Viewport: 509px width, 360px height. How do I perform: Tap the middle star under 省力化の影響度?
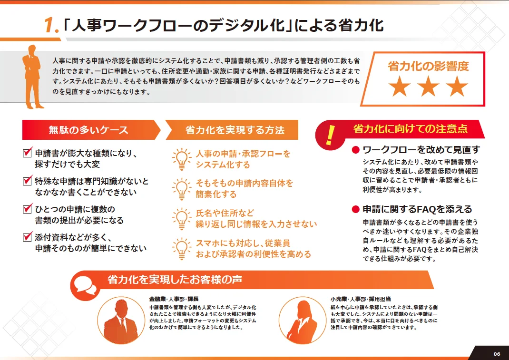tap(428, 87)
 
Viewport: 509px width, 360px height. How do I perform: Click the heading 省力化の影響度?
tap(428, 66)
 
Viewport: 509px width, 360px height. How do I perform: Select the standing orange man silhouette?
tap(32, 77)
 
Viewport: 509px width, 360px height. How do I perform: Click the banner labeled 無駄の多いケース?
tap(91, 130)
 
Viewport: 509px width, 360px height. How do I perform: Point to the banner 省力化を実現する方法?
tap(232, 130)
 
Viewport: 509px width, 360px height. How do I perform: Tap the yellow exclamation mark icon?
tap(330, 135)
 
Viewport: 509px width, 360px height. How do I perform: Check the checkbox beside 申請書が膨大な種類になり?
tap(28, 152)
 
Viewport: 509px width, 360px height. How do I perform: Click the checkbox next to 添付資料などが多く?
tap(28, 236)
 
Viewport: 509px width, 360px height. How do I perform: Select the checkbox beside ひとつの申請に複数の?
tap(28, 208)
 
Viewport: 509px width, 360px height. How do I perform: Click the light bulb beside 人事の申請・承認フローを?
tap(181, 159)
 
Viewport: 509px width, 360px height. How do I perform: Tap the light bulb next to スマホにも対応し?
tap(181, 249)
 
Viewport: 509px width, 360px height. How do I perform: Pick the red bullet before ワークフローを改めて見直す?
tap(356, 150)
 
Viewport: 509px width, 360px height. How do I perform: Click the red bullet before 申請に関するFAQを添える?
tap(356, 209)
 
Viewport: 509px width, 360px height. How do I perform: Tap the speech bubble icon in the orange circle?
tap(85, 285)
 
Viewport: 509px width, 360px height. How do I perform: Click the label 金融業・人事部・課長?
tap(174, 299)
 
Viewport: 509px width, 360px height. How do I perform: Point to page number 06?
tap(497, 354)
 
